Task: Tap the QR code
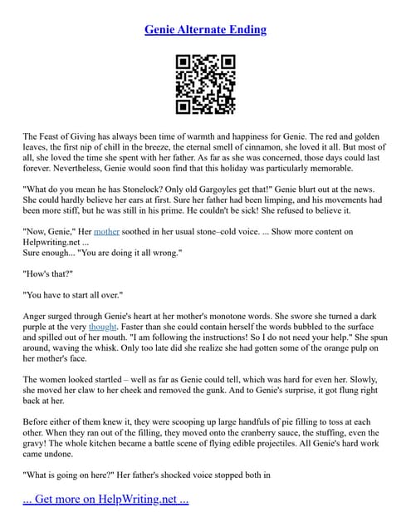click(x=205, y=85)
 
